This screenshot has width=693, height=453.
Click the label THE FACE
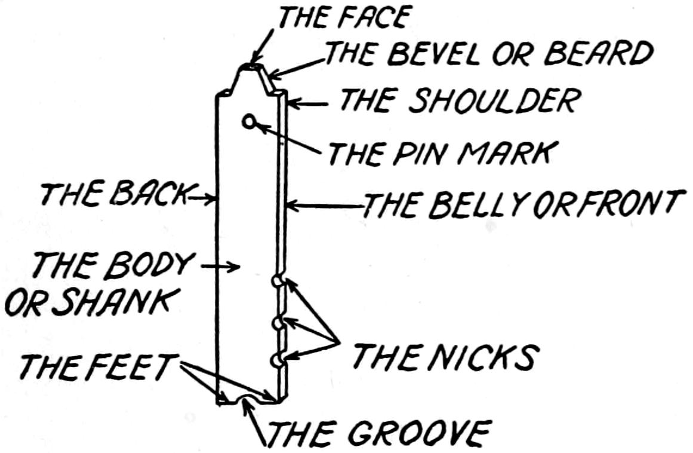coord(342,18)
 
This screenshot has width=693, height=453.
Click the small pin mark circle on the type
coord(249,122)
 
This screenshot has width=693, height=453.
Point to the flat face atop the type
coord(251,68)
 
